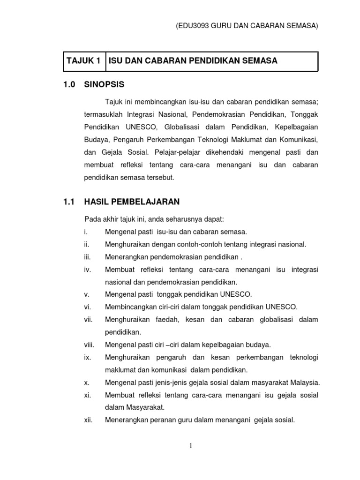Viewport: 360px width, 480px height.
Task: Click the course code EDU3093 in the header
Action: tap(192, 27)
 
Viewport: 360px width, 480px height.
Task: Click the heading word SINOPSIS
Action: tap(105, 85)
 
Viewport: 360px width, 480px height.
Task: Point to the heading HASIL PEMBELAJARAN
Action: tap(132, 202)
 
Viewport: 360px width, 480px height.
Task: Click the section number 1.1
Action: tap(69, 202)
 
